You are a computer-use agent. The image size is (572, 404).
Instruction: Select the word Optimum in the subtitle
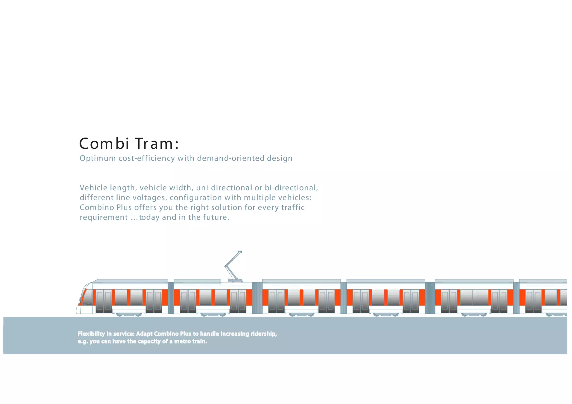coord(98,158)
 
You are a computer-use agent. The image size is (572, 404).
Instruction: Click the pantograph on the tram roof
coord(233,266)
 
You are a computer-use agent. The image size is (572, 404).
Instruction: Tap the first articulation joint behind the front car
coord(171,298)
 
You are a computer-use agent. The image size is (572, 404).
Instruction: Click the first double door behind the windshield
coord(104,301)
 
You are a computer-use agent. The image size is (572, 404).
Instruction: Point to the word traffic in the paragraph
coord(293,208)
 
